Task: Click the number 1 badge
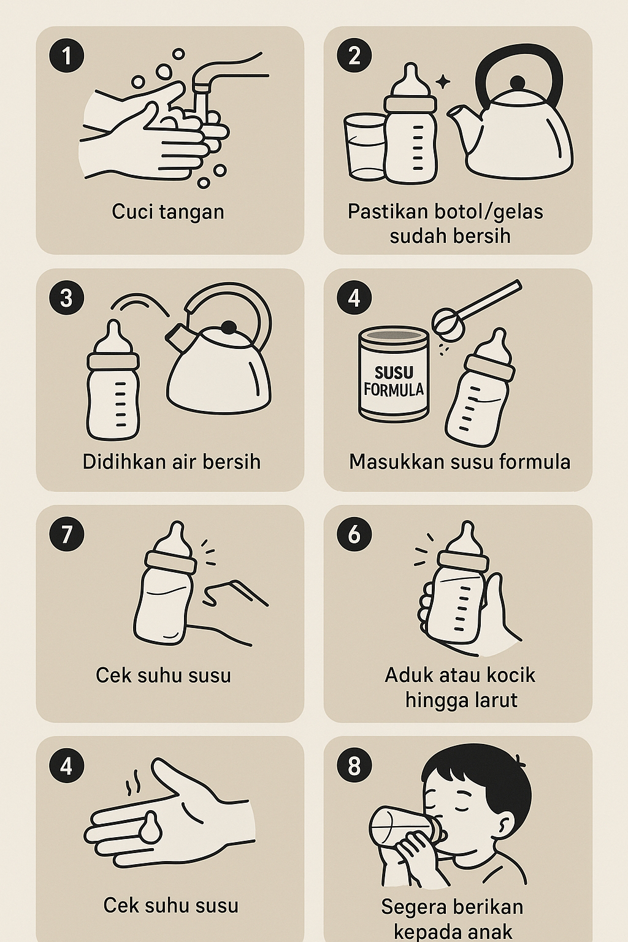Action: click(66, 56)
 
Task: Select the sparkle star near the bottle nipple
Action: click(443, 82)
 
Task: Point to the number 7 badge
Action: click(66, 535)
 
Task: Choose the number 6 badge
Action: click(354, 535)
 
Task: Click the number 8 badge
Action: click(354, 766)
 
